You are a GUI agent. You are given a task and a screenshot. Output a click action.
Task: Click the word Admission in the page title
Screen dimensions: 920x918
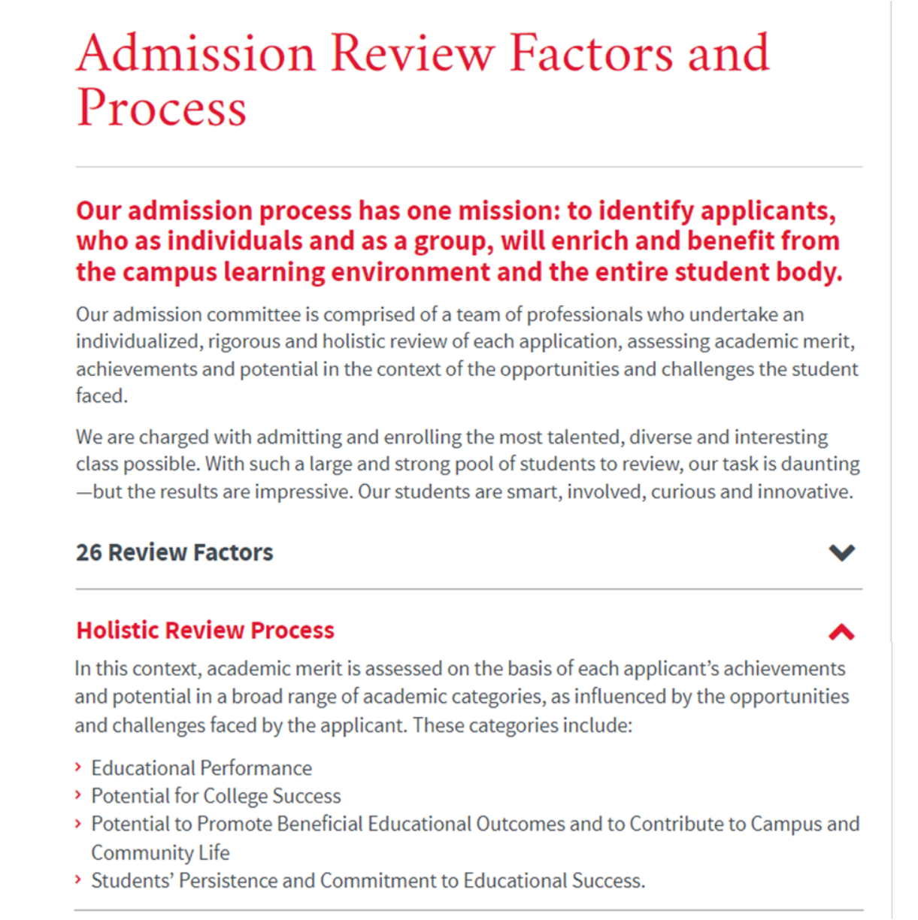[x=195, y=54]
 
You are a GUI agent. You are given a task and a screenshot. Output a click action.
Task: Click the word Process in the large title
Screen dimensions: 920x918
[x=162, y=107]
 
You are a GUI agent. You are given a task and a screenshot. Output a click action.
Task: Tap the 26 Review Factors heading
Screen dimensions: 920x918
[x=174, y=552]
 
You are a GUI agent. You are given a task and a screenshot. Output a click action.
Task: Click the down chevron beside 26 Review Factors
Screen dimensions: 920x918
[x=841, y=553]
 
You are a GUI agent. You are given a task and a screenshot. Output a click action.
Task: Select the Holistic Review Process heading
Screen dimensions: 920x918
[x=205, y=630]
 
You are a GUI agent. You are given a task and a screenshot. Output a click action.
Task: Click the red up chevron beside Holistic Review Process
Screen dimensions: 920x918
[x=841, y=632]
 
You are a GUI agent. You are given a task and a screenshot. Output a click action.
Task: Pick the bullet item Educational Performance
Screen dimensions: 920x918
[x=201, y=767]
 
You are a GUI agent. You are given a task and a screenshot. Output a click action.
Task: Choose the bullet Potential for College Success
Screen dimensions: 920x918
[x=216, y=795]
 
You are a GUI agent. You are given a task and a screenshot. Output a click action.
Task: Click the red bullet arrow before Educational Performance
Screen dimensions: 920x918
[x=79, y=767]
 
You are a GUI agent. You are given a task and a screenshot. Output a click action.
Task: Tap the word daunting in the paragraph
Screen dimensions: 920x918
[x=820, y=464]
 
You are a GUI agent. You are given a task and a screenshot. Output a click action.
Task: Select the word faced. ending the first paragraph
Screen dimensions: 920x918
[x=101, y=396]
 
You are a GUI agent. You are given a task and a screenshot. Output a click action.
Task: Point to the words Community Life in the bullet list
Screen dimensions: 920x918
[x=160, y=852]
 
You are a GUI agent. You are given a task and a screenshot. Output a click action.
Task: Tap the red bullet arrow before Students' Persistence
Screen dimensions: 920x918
[x=79, y=880]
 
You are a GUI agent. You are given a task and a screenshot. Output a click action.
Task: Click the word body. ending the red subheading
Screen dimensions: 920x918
[x=812, y=271]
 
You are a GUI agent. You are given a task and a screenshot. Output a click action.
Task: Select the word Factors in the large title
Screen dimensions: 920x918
[x=592, y=54]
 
